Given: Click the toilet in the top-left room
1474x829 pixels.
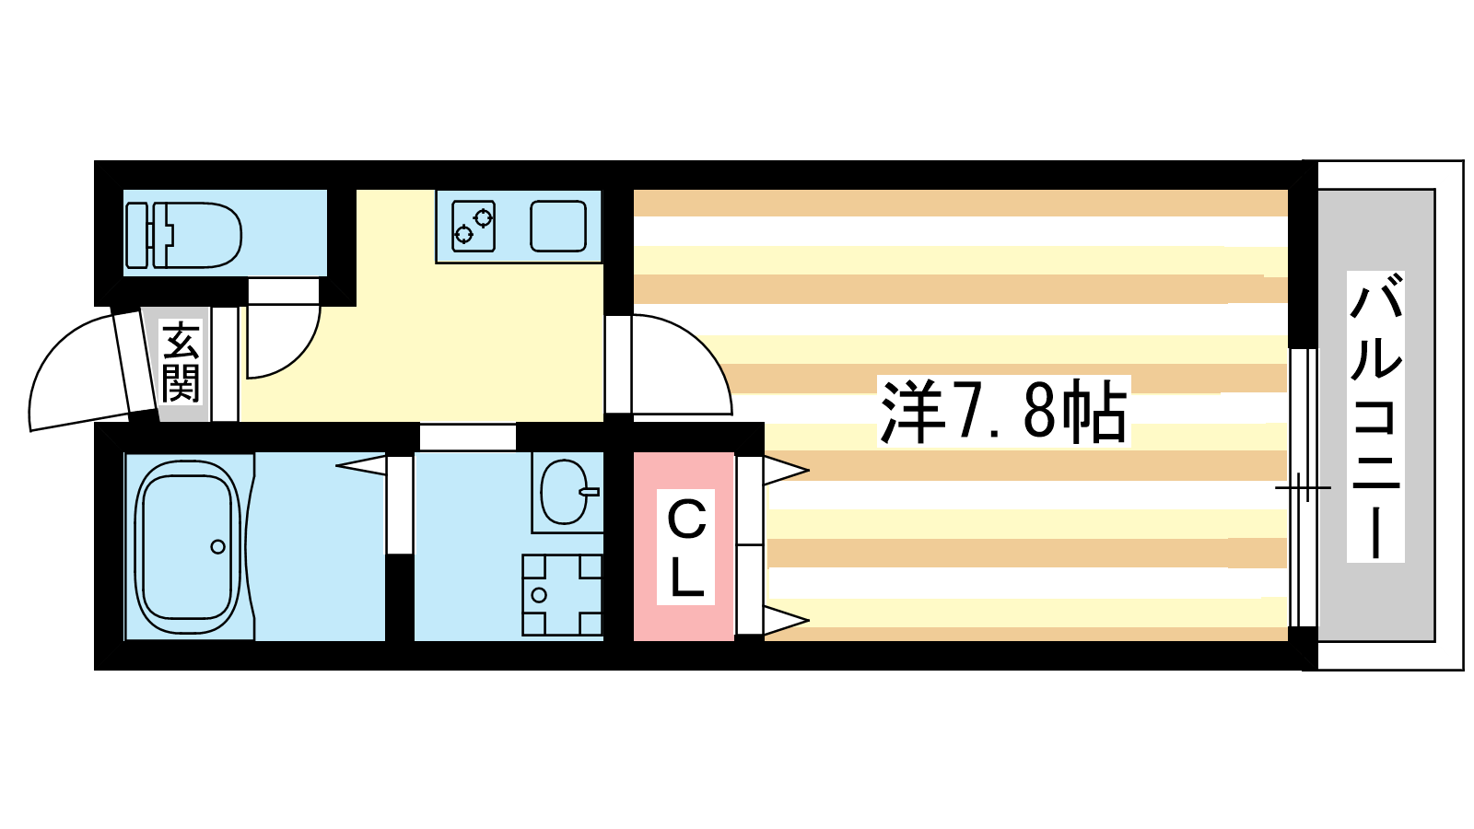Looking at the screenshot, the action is pos(183,235).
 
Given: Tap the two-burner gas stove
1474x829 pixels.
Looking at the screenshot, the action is pos(474,226).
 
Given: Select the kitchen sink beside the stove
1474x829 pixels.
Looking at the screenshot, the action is pos(558,226).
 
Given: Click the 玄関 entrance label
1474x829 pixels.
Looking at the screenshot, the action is pos(181,361).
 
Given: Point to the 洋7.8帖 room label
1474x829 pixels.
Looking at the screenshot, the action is pos(1003,411).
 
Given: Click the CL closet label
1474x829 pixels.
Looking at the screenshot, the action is pos(686,547).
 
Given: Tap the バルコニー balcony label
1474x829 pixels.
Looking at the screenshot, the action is pos(1375,416).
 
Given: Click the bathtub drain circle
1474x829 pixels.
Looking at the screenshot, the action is pos(217,547).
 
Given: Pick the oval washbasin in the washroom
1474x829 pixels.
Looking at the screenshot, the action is pos(564,492).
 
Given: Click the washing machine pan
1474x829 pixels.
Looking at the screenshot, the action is pos(562,595).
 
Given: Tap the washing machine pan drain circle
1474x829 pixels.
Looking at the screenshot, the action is pos(539,595).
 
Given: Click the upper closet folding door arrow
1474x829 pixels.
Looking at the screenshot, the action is pos(786,471).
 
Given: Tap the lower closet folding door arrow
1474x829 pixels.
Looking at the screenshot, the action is pos(786,620).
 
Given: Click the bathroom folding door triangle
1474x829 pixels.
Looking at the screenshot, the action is pos(360,465).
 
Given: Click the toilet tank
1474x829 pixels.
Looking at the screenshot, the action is pos(137,235).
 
